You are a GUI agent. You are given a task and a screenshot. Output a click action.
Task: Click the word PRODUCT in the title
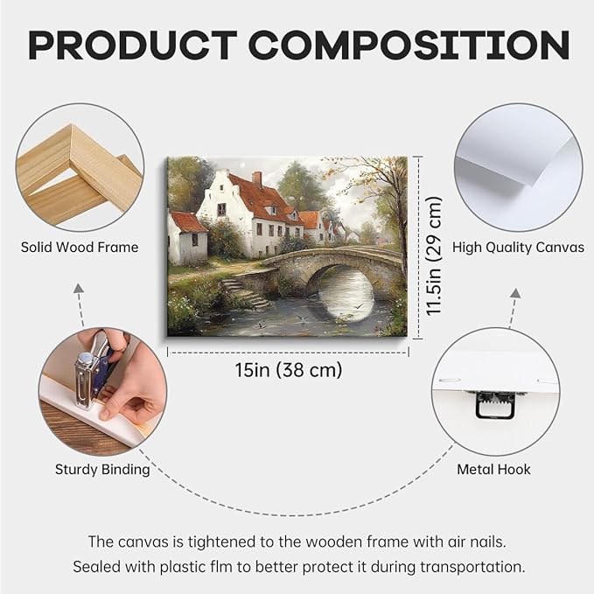[133, 45]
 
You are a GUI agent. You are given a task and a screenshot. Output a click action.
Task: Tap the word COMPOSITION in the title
[409, 45]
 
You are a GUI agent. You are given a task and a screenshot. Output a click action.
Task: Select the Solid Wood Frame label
[80, 248]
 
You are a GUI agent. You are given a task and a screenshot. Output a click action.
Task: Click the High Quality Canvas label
[518, 248]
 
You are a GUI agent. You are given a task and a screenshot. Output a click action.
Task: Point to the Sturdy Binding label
[102, 470]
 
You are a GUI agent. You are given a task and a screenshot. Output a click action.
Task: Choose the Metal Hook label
[493, 470]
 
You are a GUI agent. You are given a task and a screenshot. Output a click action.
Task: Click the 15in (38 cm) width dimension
[289, 370]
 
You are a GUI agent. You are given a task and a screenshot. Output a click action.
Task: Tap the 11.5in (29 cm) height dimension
[434, 256]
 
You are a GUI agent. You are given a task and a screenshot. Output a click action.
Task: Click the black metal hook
[495, 404]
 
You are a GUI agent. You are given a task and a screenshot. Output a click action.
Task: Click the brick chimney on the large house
[257, 178]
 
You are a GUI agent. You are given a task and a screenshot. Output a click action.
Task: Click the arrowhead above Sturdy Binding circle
[79, 288]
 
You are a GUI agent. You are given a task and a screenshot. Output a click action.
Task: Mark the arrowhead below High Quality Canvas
[515, 293]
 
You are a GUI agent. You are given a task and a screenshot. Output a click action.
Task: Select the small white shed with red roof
[187, 238]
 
